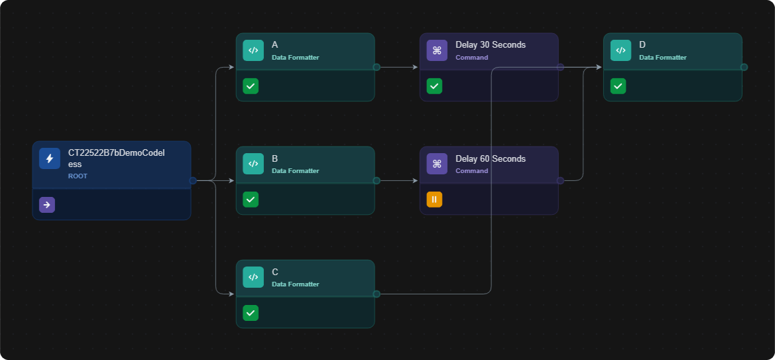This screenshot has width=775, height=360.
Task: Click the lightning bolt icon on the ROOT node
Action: (50, 158)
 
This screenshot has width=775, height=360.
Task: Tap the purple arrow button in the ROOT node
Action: (47, 205)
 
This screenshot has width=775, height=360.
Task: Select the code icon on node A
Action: (253, 50)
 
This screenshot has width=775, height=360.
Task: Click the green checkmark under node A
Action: (251, 86)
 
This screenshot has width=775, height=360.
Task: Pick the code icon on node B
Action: (253, 164)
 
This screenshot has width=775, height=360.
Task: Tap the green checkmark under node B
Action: (251, 200)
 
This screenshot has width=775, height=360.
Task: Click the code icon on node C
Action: (253, 277)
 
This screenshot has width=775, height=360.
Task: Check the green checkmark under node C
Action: (251, 312)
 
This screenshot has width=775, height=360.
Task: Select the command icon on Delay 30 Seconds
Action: (437, 50)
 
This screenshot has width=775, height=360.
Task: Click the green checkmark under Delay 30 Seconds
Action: (434, 86)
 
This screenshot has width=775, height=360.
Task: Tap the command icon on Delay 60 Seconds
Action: (437, 164)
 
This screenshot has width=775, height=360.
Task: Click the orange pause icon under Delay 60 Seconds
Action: (434, 200)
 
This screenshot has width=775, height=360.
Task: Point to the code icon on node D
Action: (621, 50)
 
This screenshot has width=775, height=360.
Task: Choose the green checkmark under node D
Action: (619, 86)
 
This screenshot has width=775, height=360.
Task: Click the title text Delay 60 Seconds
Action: (491, 158)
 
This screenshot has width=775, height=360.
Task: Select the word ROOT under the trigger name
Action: (78, 176)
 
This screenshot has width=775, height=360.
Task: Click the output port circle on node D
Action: (744, 67)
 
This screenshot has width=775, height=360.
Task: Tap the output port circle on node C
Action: (377, 294)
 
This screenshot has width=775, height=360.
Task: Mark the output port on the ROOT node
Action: (193, 180)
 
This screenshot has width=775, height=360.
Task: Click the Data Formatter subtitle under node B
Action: (296, 170)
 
